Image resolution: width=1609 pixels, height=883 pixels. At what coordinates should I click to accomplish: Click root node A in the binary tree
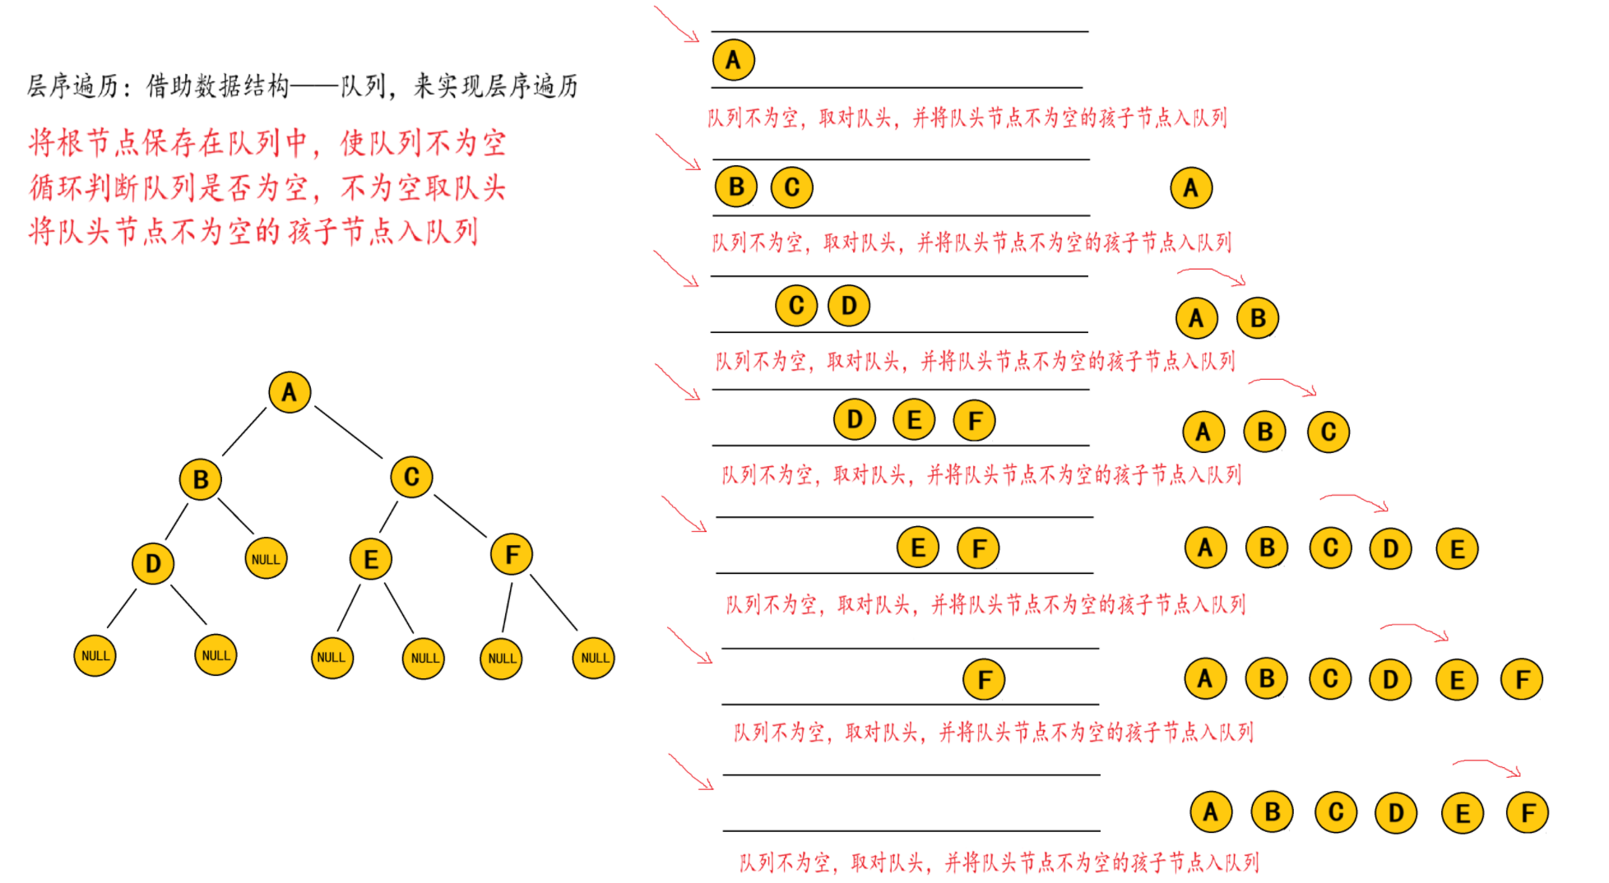(290, 392)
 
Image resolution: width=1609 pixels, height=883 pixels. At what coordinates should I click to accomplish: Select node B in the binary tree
(201, 479)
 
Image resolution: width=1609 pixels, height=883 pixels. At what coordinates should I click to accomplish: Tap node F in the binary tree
(512, 555)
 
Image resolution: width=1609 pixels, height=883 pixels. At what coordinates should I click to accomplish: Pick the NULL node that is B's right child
(266, 559)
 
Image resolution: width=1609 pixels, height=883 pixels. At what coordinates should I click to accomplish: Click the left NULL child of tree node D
(95, 656)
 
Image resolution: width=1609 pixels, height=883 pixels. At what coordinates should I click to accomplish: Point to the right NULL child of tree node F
(594, 658)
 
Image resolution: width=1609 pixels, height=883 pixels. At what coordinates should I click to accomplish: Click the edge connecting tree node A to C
(349, 432)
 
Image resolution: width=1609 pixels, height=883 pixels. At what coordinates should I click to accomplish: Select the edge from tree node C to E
(388, 517)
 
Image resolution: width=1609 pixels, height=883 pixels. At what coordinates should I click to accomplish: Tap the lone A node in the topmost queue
(733, 60)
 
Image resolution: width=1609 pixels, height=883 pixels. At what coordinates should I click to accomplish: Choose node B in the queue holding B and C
(736, 187)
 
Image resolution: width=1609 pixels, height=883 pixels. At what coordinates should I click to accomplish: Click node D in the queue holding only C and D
(849, 306)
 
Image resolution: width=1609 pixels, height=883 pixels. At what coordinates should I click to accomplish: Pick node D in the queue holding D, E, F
(855, 420)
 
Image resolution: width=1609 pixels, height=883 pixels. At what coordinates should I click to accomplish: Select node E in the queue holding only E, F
(918, 548)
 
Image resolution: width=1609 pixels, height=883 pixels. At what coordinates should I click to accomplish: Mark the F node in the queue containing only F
(984, 680)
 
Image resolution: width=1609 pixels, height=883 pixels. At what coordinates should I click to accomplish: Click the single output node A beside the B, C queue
(1190, 188)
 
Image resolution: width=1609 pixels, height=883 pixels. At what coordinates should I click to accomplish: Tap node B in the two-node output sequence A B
(1258, 318)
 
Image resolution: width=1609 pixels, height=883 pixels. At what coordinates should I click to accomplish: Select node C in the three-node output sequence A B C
(1328, 432)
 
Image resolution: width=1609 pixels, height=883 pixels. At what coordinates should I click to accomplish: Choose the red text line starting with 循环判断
(267, 187)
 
